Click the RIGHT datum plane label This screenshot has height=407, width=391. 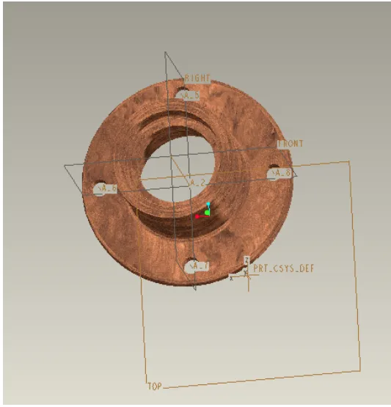(198, 78)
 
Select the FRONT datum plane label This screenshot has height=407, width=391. (290, 144)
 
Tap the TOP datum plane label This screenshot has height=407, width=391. (154, 384)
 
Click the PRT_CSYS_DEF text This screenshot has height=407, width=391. (283, 269)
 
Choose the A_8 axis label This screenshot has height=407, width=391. (282, 173)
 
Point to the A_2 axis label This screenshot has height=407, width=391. (198, 182)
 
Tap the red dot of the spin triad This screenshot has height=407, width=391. (197, 217)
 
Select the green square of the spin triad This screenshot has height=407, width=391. (207, 213)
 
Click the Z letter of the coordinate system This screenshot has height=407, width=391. (246, 259)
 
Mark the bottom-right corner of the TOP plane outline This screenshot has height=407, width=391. (361, 370)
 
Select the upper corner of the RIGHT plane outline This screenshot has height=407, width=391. (166, 53)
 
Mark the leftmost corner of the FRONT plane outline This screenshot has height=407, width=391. (65, 166)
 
